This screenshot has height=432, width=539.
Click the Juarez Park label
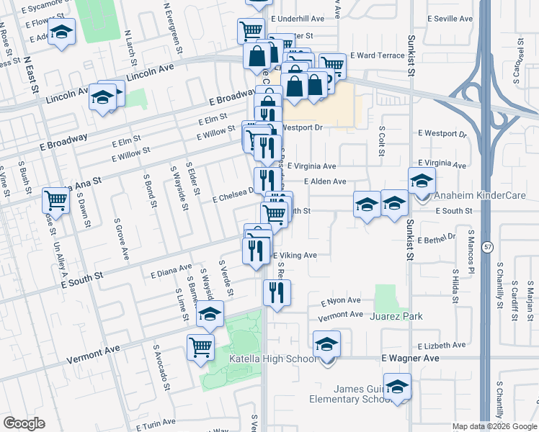(x=396, y=316)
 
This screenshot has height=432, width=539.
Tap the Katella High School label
(x=272, y=359)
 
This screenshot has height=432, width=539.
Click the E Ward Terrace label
(x=378, y=55)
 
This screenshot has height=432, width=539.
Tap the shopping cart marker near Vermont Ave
(x=201, y=347)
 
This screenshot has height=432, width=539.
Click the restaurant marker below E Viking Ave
(x=277, y=292)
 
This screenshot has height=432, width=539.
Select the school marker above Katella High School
(x=326, y=344)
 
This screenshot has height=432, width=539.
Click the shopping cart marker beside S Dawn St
(x=55, y=200)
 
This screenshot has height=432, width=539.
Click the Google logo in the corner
(x=24, y=423)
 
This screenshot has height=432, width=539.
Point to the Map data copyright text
(x=495, y=426)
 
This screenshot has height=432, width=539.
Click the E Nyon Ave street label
(x=344, y=300)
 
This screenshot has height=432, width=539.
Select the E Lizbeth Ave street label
(x=440, y=345)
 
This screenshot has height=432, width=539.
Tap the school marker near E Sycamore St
(x=62, y=32)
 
